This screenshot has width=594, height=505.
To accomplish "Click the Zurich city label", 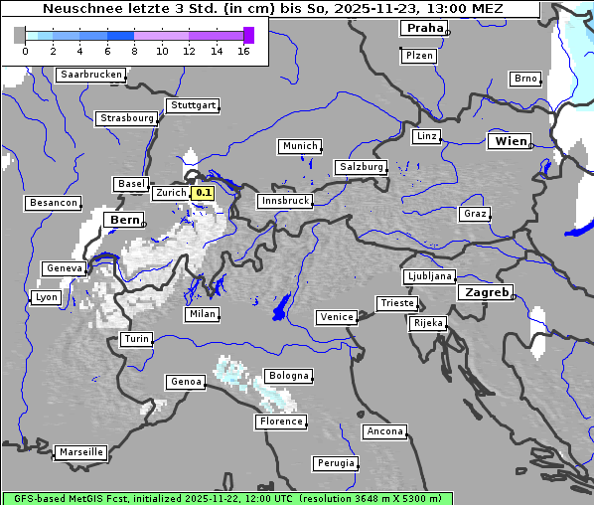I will click(x=170, y=193).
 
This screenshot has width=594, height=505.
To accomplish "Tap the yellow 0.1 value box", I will click(x=203, y=193).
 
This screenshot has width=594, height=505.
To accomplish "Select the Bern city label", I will click(x=125, y=220).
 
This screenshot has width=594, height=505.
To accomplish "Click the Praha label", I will click(x=422, y=28).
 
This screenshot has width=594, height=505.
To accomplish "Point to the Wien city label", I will click(x=511, y=142).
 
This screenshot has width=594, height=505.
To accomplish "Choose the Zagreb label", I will click(x=486, y=292).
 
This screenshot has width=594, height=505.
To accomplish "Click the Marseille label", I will click(x=80, y=452).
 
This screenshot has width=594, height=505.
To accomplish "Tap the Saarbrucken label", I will click(x=91, y=75).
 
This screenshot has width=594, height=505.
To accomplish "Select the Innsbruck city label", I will click(x=284, y=201).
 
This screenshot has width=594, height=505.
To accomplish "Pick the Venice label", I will click(x=336, y=317).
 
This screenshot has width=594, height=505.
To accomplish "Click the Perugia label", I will click(x=335, y=463).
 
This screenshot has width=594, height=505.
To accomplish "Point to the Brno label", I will click(x=524, y=79).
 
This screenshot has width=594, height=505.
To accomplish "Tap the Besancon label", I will click(x=53, y=203).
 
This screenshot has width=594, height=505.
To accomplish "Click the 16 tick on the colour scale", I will click(x=243, y=51).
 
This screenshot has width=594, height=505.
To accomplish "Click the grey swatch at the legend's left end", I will click(x=20, y=36).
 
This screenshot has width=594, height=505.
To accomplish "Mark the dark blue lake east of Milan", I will click(x=281, y=307).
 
